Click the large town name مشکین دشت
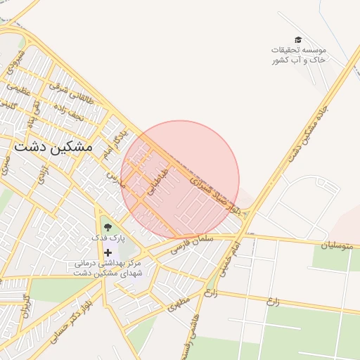pyautogui.click(x=53, y=148)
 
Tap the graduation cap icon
pyautogui.click(x=298, y=40)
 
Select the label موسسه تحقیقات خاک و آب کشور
pyautogui.click(x=299, y=56)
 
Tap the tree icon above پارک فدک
pyautogui.click(x=108, y=226)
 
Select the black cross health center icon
pyautogui.click(x=108, y=252)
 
